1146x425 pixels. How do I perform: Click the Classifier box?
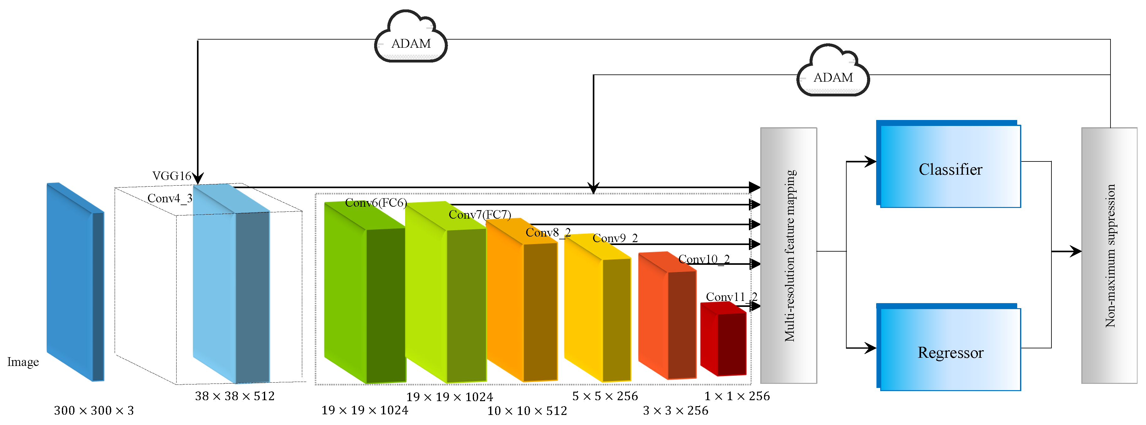point(950,166)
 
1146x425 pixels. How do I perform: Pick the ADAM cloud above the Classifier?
point(833,74)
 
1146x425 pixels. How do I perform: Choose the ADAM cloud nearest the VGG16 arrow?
point(411,40)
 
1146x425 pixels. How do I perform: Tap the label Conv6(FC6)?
point(376,203)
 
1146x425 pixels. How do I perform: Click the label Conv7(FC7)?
point(480,215)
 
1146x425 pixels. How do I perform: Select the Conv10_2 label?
point(704,259)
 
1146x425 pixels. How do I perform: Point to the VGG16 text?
point(172,176)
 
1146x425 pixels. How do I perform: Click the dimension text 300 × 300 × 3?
point(94,410)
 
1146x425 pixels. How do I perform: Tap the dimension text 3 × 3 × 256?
point(675,410)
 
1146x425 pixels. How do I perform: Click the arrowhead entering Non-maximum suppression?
point(1076,251)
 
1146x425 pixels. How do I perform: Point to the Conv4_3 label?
point(170,199)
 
